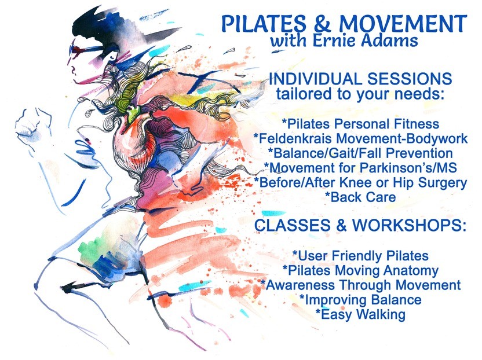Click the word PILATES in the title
[264, 24]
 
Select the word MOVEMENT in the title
[403, 24]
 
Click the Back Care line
[360, 197]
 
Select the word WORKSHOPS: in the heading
[409, 225]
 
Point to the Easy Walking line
[360, 314]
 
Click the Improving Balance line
[360, 300]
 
